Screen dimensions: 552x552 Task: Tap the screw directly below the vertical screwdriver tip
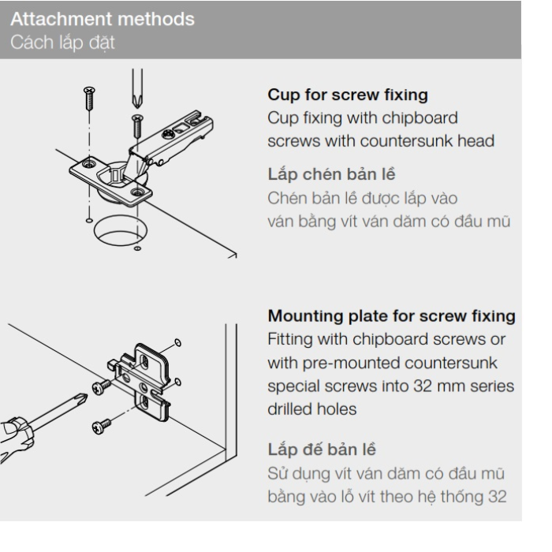[x=136, y=123]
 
